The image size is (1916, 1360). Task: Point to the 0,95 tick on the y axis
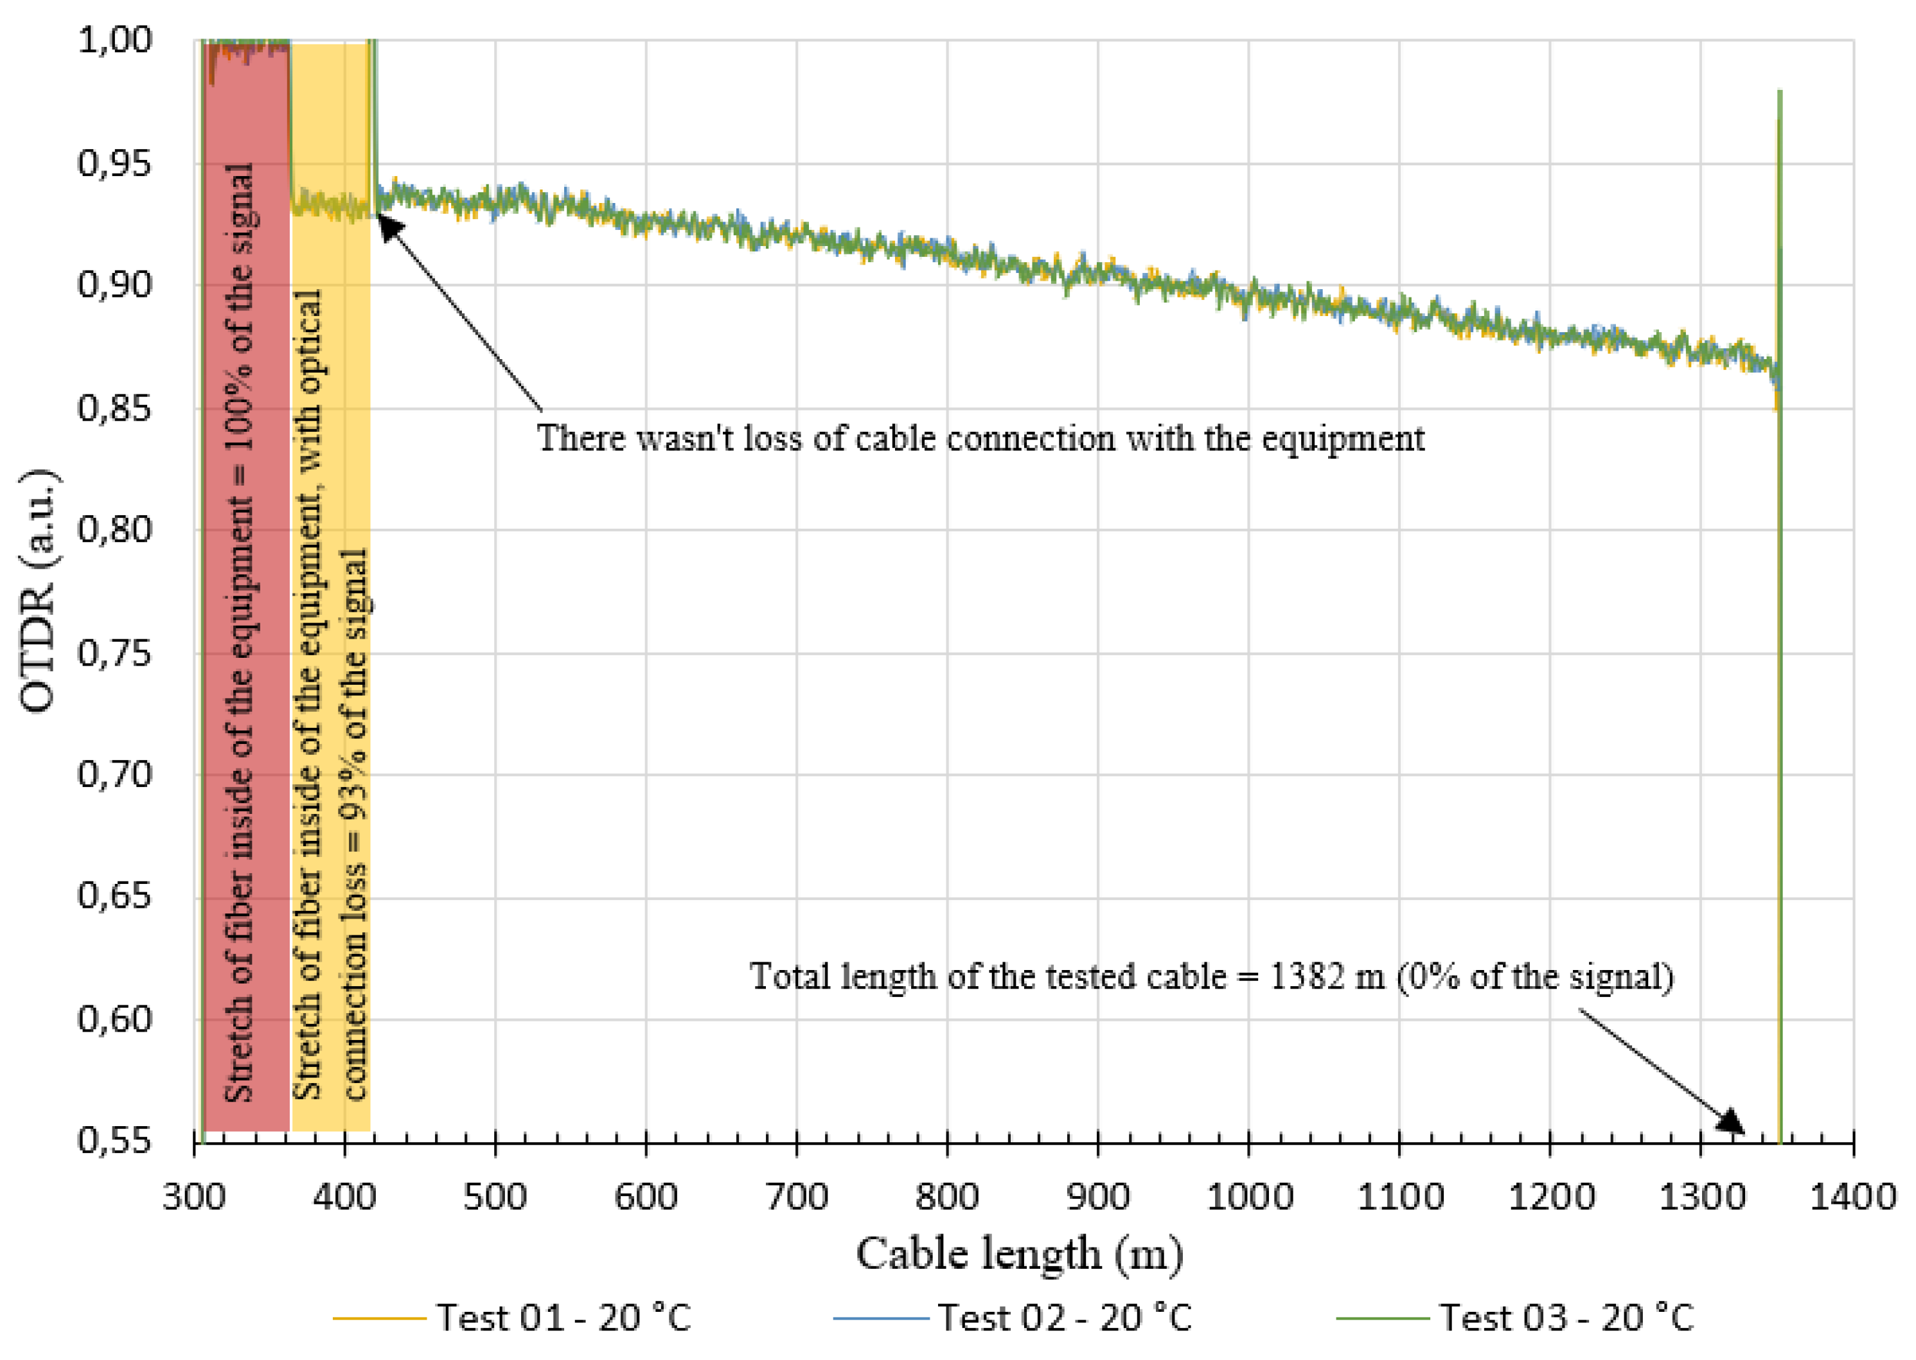(115, 163)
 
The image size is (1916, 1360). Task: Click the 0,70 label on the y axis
(115, 775)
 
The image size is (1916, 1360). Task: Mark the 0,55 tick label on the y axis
(115, 1140)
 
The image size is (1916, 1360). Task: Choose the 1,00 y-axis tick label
(115, 40)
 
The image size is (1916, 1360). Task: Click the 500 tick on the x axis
(495, 1197)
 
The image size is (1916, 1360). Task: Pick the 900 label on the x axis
(1098, 1197)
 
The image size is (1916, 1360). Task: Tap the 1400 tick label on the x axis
(1852, 1197)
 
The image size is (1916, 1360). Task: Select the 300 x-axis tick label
(194, 1197)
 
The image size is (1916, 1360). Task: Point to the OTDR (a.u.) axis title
(39, 590)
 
